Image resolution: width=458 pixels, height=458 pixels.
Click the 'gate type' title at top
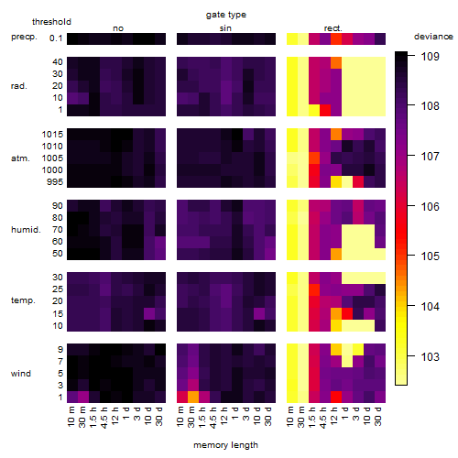point(226,15)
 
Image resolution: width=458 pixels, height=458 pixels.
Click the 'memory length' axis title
point(226,445)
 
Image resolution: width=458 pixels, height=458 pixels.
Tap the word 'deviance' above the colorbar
point(433,37)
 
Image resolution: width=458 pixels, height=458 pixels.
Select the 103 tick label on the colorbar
point(431,356)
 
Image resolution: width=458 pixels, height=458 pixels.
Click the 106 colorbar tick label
point(431,206)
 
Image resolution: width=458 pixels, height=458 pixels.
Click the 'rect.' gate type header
point(333,28)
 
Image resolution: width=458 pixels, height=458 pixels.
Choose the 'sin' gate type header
point(225,28)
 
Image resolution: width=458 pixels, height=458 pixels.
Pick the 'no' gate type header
point(118,28)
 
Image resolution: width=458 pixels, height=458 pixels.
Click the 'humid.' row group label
point(26,230)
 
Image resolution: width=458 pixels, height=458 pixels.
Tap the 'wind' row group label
point(21,374)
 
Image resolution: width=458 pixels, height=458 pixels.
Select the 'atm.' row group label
point(20,158)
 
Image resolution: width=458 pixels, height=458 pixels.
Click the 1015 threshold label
point(52,134)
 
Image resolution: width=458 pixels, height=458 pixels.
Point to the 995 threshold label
point(55,182)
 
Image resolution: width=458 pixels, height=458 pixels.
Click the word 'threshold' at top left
point(51,22)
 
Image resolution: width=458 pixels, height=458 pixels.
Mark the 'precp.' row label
point(24,38)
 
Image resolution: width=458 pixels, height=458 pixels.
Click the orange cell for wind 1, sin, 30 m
point(193,397)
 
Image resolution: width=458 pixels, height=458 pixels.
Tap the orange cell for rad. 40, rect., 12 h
point(336,63)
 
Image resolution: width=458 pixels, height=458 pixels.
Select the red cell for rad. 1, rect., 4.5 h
point(325,110)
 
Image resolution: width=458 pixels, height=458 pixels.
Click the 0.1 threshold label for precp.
point(56,38)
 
